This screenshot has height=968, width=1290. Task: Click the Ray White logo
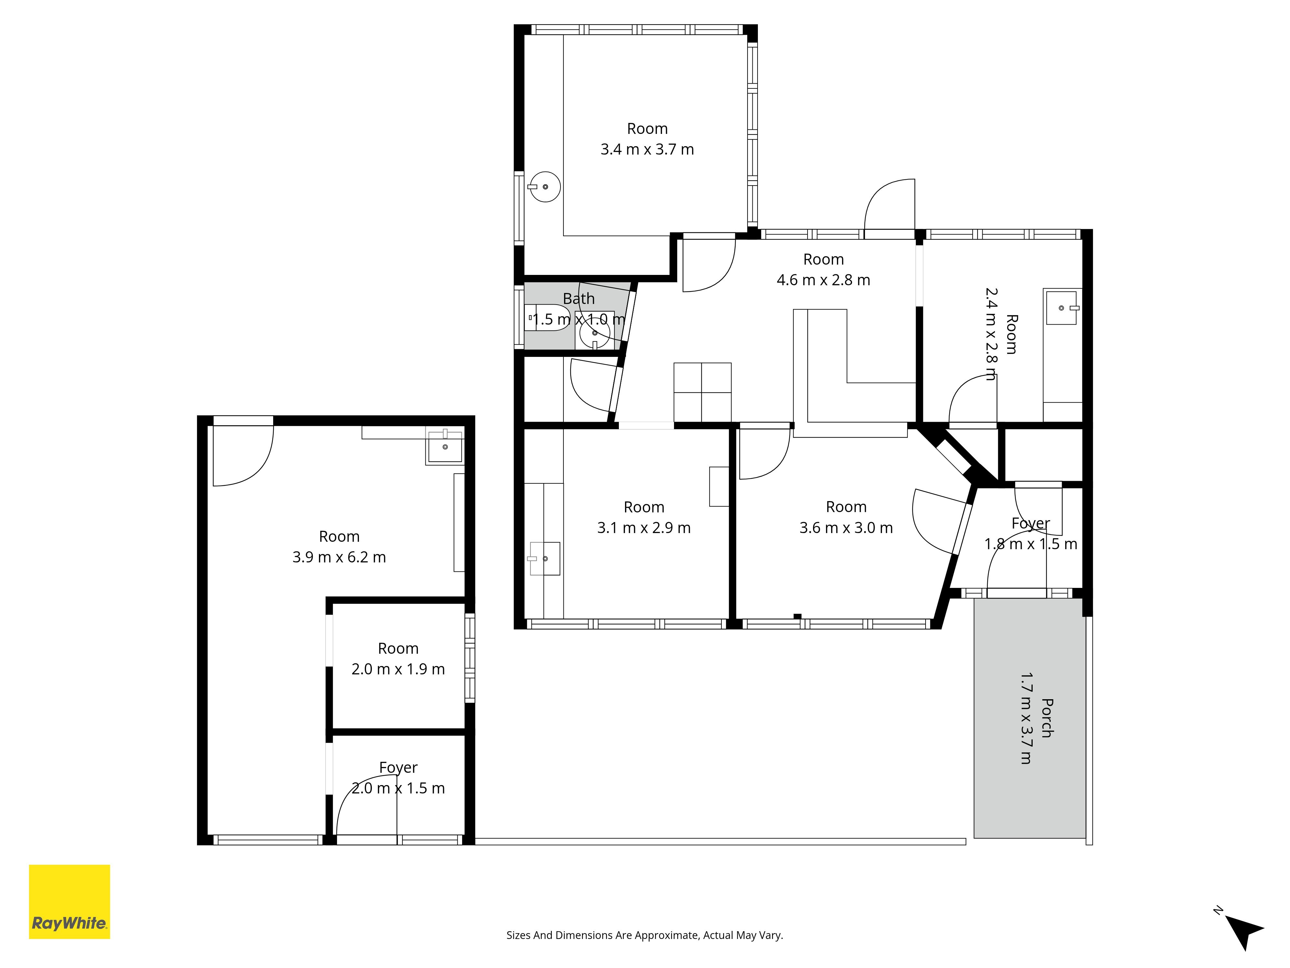click(69, 902)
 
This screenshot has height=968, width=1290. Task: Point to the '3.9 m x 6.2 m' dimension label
click(339, 557)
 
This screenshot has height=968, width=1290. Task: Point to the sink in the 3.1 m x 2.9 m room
click(545, 559)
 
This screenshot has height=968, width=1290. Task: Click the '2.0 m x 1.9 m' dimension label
click(398, 669)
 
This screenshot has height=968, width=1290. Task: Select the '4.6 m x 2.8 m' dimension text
click(823, 280)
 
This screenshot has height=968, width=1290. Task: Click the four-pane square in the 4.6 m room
click(703, 392)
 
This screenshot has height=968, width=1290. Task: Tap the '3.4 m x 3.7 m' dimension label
click(647, 149)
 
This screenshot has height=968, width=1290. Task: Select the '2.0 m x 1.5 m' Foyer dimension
click(398, 788)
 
